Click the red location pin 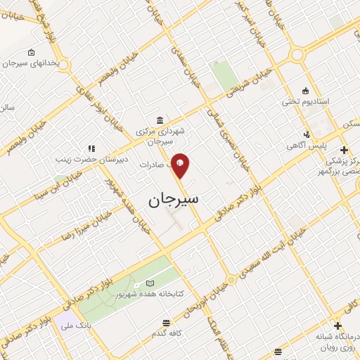(x=181, y=165)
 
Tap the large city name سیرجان (x=174, y=200)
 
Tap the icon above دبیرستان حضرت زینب (x=91, y=148)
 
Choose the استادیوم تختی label (x=301, y=102)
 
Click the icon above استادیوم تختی (x=305, y=91)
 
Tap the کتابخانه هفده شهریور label (x=155, y=294)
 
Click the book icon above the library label (x=148, y=283)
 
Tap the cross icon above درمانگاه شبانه (x=338, y=326)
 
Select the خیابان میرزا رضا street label (x=82, y=223)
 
